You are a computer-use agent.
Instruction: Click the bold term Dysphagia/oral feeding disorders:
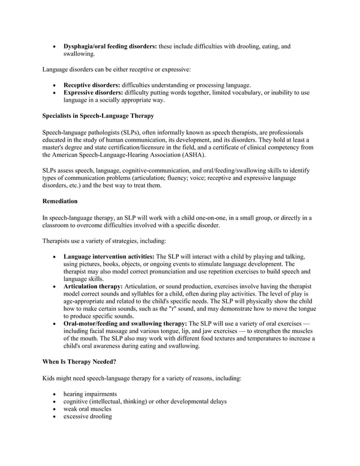pos(111,46)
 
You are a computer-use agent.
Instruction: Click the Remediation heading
pos(60,201)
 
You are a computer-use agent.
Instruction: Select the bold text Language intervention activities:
pos(109,256)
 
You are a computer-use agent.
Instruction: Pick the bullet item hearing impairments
pos(91,394)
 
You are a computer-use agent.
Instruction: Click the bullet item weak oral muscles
pos(87,409)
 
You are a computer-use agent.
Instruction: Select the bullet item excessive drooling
pos(87,417)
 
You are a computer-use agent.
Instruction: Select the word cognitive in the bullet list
pos(76,402)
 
